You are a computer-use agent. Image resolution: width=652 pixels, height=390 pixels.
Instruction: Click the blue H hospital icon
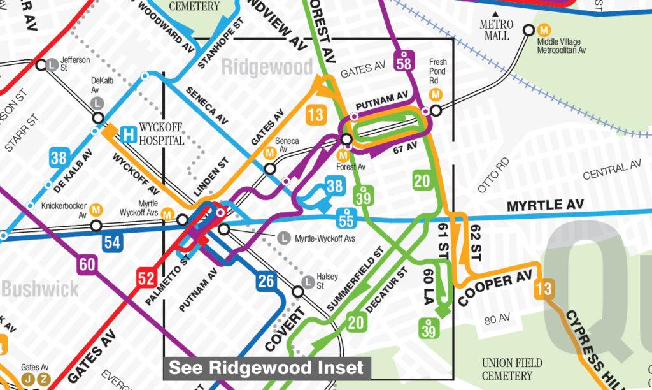pos(130,134)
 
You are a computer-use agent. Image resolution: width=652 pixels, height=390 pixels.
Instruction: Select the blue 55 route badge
pos(346,220)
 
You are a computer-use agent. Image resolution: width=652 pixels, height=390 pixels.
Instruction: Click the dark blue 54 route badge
pos(112,242)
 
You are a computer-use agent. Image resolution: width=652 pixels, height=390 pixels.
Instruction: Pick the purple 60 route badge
pos(87,263)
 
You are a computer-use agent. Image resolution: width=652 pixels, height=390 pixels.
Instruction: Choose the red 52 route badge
pos(146,278)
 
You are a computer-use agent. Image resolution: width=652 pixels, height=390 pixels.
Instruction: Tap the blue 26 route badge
pos(267,280)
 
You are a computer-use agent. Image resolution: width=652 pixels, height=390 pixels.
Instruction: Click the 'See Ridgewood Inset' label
pos(266,368)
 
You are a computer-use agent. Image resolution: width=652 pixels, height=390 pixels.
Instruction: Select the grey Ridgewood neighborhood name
pos(267,67)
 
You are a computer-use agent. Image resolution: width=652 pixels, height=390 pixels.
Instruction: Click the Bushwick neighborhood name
pos(39,289)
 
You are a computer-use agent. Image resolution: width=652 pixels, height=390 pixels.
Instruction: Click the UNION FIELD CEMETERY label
pos(512,369)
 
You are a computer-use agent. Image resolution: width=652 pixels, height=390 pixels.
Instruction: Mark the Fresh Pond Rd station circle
pos(436,111)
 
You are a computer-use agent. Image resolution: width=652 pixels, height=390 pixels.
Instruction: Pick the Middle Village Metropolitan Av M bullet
pos(544,29)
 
